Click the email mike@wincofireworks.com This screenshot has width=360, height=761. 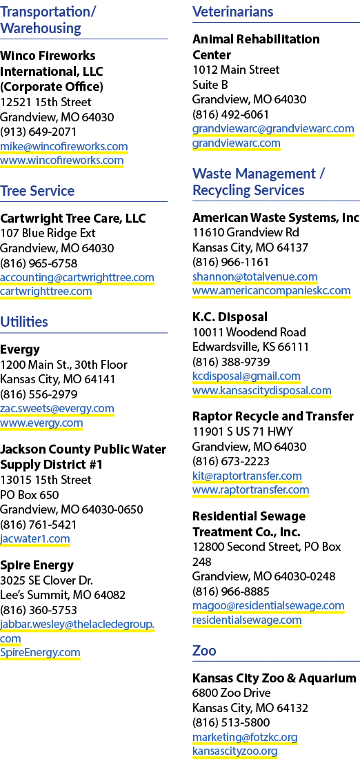pos(63,146)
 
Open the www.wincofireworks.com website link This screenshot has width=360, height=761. pos(61,161)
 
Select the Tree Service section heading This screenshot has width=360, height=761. pos(37,191)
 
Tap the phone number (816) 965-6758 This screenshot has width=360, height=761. pos(39,263)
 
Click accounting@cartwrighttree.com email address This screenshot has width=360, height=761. pos(77,278)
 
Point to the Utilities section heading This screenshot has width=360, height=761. pos(24,322)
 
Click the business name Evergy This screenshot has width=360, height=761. pos(20,350)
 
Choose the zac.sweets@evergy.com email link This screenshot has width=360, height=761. pos(57,409)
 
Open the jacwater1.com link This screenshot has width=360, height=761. pos(35,539)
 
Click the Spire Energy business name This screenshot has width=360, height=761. pos(37,565)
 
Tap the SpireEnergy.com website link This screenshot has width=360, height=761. pos(40,652)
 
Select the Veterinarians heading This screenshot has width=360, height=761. pos(232,12)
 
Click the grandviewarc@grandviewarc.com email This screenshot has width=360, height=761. pos(273,129)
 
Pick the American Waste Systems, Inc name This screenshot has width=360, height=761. pos(276,217)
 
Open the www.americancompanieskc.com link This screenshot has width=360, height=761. pos(272,291)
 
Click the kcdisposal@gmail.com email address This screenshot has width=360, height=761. pos(246,376)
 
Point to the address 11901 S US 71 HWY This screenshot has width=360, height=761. pos(243,432)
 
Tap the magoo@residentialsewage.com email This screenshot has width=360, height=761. pos(268,606)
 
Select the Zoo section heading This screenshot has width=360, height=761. pos(205,650)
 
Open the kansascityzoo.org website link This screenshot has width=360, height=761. pos(235,752)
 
